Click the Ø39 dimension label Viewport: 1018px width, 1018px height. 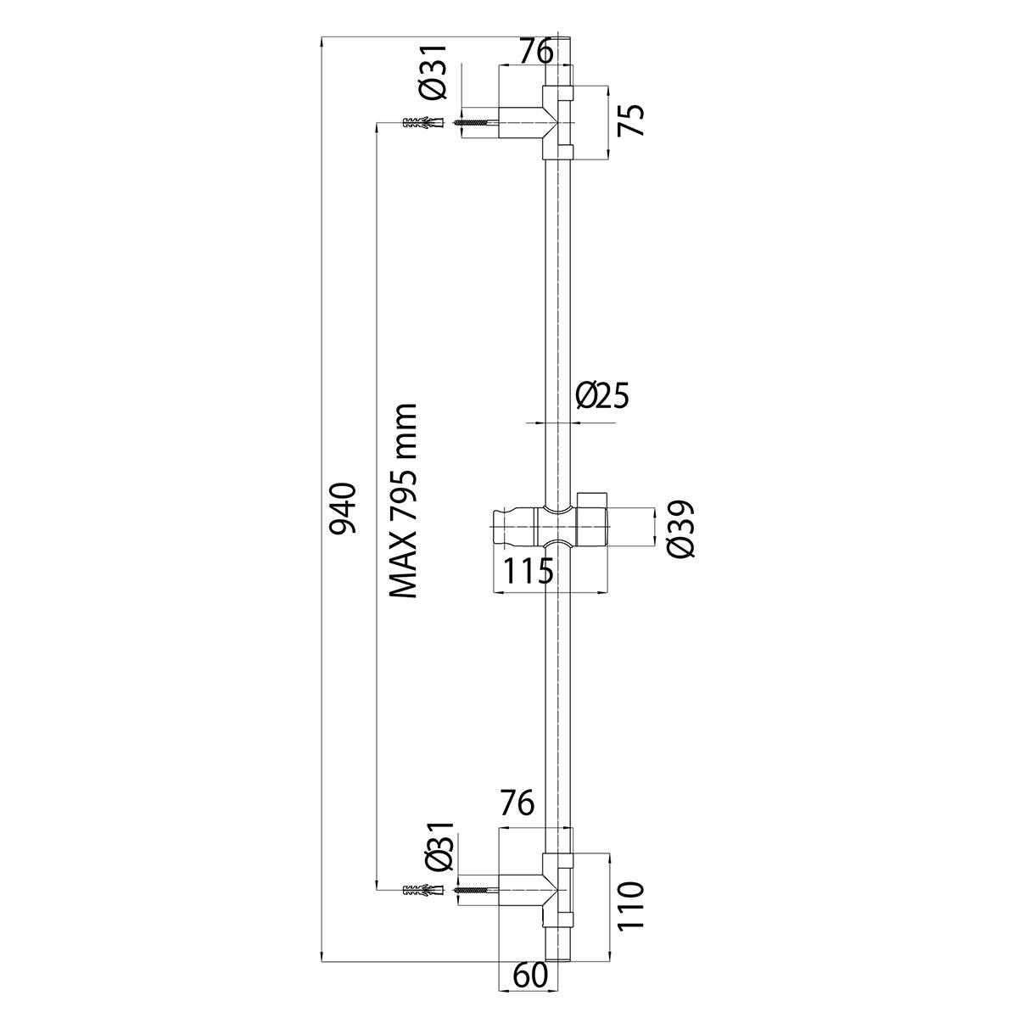680,529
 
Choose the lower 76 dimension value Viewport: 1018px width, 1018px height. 516,802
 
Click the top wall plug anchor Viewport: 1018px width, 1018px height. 422,124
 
